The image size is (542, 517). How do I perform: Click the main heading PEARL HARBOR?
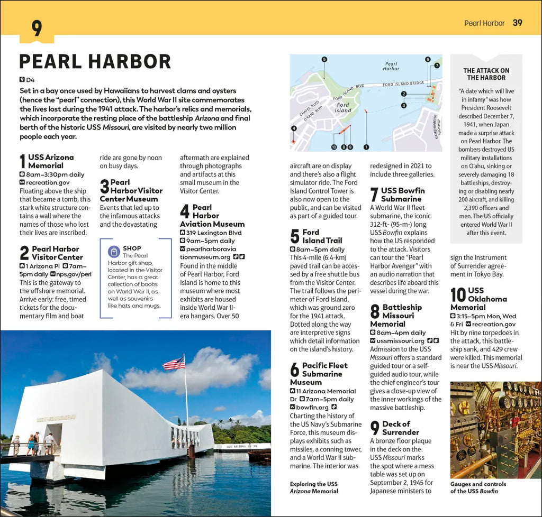[95, 61]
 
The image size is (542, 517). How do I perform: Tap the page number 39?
[518, 23]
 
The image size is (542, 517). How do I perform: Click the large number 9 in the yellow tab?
[37, 29]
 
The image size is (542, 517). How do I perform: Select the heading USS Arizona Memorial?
[51, 161]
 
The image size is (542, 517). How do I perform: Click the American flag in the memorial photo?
[174, 363]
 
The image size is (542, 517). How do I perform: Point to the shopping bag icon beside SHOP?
[113, 252]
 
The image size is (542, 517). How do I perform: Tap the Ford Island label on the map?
[343, 107]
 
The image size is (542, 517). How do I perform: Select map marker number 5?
[324, 59]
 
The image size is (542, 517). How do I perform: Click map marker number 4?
[294, 128]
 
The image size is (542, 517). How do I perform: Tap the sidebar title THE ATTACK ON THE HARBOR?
[486, 74]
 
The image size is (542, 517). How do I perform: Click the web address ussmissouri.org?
[401, 341]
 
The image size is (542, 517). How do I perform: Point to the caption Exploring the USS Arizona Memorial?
[313, 487]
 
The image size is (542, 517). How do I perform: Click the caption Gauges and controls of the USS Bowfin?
[478, 487]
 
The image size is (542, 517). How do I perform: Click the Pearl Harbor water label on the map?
[391, 66]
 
